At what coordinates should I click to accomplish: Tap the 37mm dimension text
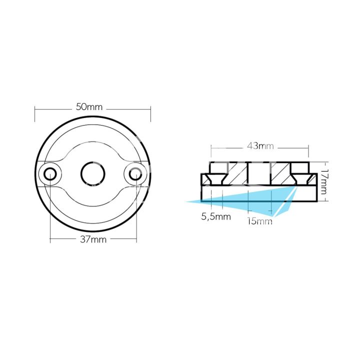point(93,239)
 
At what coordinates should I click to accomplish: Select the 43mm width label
point(260,146)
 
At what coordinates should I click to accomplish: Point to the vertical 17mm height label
point(324,182)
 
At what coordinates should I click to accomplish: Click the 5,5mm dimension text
point(216,216)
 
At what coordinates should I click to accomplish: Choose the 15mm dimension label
point(260,221)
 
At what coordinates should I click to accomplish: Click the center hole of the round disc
point(93,173)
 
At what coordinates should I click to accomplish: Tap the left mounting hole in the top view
point(50,173)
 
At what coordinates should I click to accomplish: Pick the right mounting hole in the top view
point(135,173)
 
